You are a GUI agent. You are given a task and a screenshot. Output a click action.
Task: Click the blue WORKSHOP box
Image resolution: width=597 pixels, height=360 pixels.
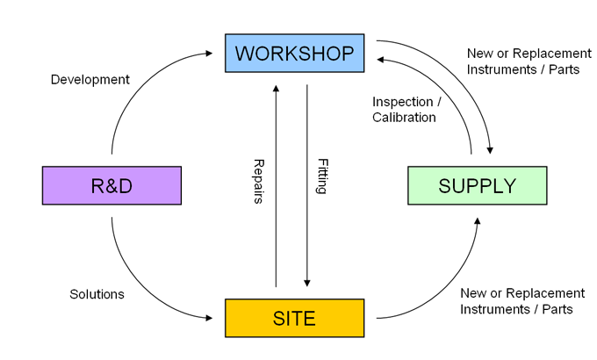pos(294,54)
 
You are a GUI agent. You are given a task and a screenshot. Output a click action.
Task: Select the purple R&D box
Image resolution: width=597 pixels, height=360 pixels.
pos(111,185)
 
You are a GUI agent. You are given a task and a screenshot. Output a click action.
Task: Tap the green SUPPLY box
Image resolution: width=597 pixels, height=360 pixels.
pos(477,185)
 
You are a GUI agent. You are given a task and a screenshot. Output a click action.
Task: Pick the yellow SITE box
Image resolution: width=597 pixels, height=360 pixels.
pos(294,318)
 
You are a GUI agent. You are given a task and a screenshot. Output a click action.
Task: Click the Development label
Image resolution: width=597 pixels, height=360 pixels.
pos(90,80)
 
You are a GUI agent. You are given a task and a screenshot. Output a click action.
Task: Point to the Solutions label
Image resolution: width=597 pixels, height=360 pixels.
pos(97,294)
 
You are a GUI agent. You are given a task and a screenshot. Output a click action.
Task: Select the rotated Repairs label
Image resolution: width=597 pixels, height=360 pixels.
pos(260,182)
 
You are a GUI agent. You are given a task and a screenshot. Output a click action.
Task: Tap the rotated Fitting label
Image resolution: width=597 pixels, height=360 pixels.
pos(321,176)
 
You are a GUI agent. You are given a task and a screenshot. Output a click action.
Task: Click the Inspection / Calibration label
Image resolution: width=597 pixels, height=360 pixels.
pos(405,110)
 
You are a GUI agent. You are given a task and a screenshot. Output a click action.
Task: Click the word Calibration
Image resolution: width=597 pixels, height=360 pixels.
pos(405,118)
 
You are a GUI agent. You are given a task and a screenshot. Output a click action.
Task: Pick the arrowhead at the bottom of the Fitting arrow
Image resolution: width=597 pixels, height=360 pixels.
pos(307,283)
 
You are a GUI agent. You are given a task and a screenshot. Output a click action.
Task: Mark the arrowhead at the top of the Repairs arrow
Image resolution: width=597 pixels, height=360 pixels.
pos(277,88)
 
